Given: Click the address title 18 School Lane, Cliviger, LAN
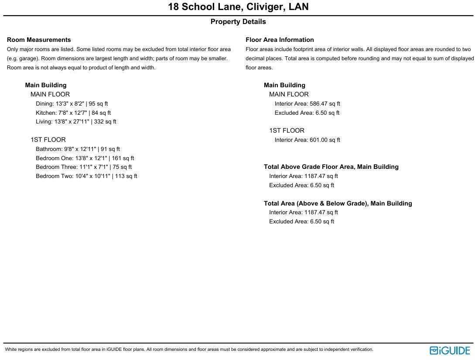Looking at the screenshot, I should (x=238, y=7).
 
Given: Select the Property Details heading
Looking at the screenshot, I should (x=238, y=22).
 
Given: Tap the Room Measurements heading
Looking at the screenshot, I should (x=39, y=40).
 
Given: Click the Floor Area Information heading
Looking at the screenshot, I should (x=280, y=40).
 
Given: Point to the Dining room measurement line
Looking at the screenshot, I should (x=72, y=104).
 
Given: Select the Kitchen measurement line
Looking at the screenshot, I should (x=73, y=113).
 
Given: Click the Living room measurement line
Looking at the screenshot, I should (x=76, y=122).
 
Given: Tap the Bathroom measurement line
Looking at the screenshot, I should (x=78, y=149).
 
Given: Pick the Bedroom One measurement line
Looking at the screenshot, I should (x=85, y=158).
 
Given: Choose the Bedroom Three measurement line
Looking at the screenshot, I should (x=84, y=167).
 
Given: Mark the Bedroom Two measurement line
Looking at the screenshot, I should (x=86, y=176).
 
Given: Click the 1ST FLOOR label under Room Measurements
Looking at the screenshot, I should (x=48, y=140).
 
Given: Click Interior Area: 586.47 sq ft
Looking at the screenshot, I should (x=307, y=104).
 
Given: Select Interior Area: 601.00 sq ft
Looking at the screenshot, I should (x=307, y=140).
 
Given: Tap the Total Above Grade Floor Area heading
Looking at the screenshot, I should (x=331, y=167).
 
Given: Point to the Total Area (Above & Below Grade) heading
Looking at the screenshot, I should (x=338, y=203).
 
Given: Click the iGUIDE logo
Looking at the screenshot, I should (x=450, y=350).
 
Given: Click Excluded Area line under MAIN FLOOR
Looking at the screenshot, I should (x=307, y=113).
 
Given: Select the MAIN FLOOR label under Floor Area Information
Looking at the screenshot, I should (x=289, y=94).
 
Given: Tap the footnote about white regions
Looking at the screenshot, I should (x=189, y=350).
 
